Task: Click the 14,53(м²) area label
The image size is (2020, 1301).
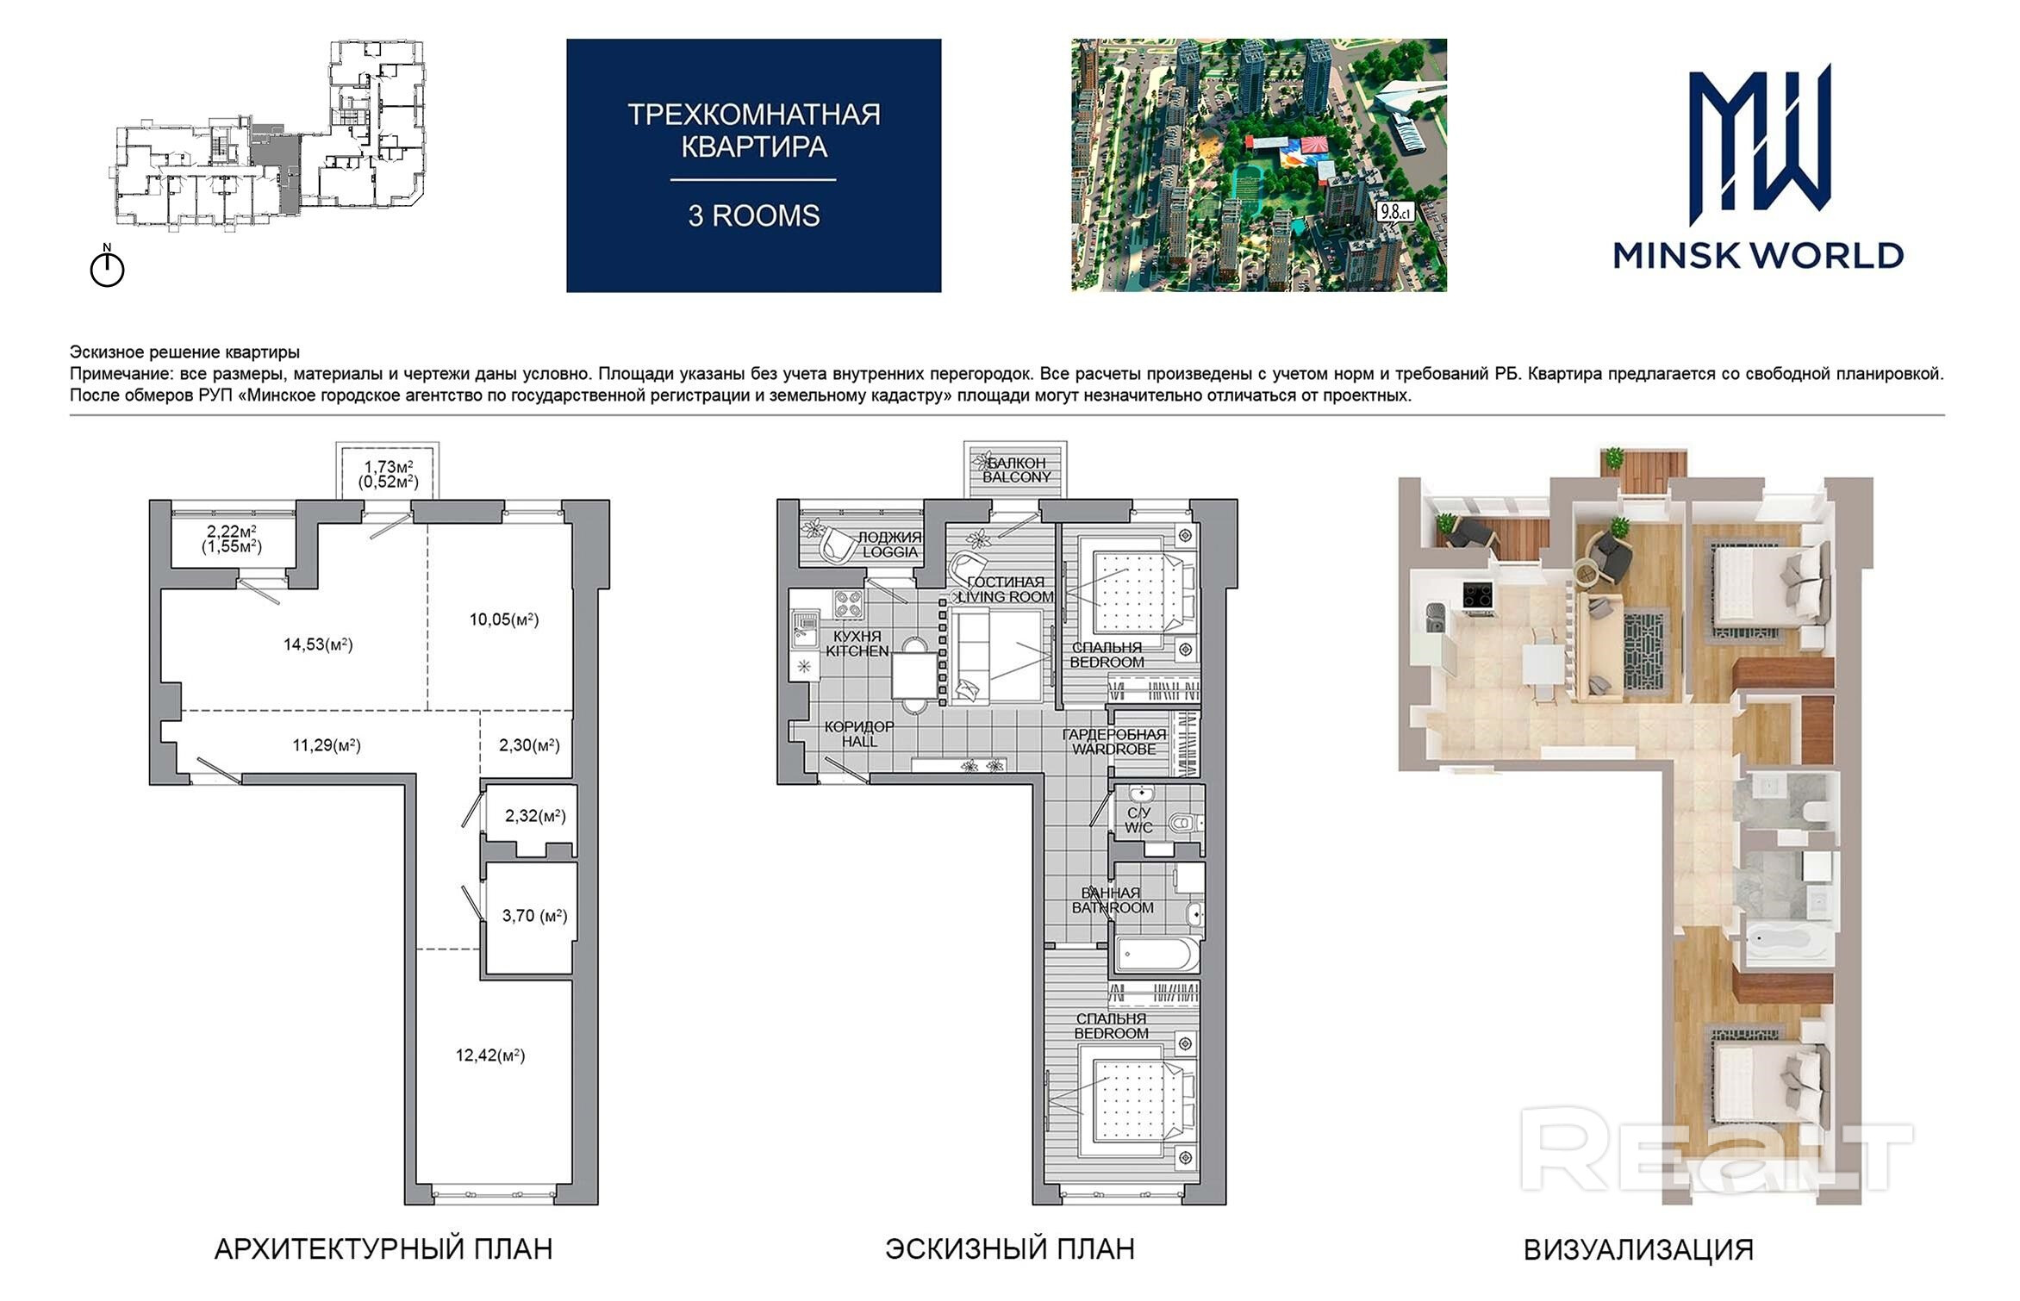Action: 318,644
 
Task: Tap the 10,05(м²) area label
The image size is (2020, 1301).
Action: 504,619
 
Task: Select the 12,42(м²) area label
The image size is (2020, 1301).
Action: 490,1055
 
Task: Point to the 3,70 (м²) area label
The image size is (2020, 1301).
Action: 535,916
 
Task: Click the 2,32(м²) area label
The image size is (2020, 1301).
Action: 535,816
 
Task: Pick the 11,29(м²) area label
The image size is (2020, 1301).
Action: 327,745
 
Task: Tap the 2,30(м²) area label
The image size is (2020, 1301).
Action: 529,745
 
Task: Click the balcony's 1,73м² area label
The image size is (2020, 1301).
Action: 388,467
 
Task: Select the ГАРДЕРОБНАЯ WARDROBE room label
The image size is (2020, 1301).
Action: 1114,742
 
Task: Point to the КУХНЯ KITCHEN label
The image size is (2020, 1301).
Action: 857,644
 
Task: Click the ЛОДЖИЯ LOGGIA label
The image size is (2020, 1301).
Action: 890,545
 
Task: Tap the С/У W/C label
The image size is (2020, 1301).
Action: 1138,820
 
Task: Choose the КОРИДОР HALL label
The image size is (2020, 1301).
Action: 859,734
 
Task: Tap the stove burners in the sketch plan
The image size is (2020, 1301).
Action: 849,605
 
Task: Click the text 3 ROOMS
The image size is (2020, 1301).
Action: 754,215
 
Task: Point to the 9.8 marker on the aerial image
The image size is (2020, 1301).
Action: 1393,212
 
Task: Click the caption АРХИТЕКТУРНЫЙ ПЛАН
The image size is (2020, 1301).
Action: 383,1249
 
